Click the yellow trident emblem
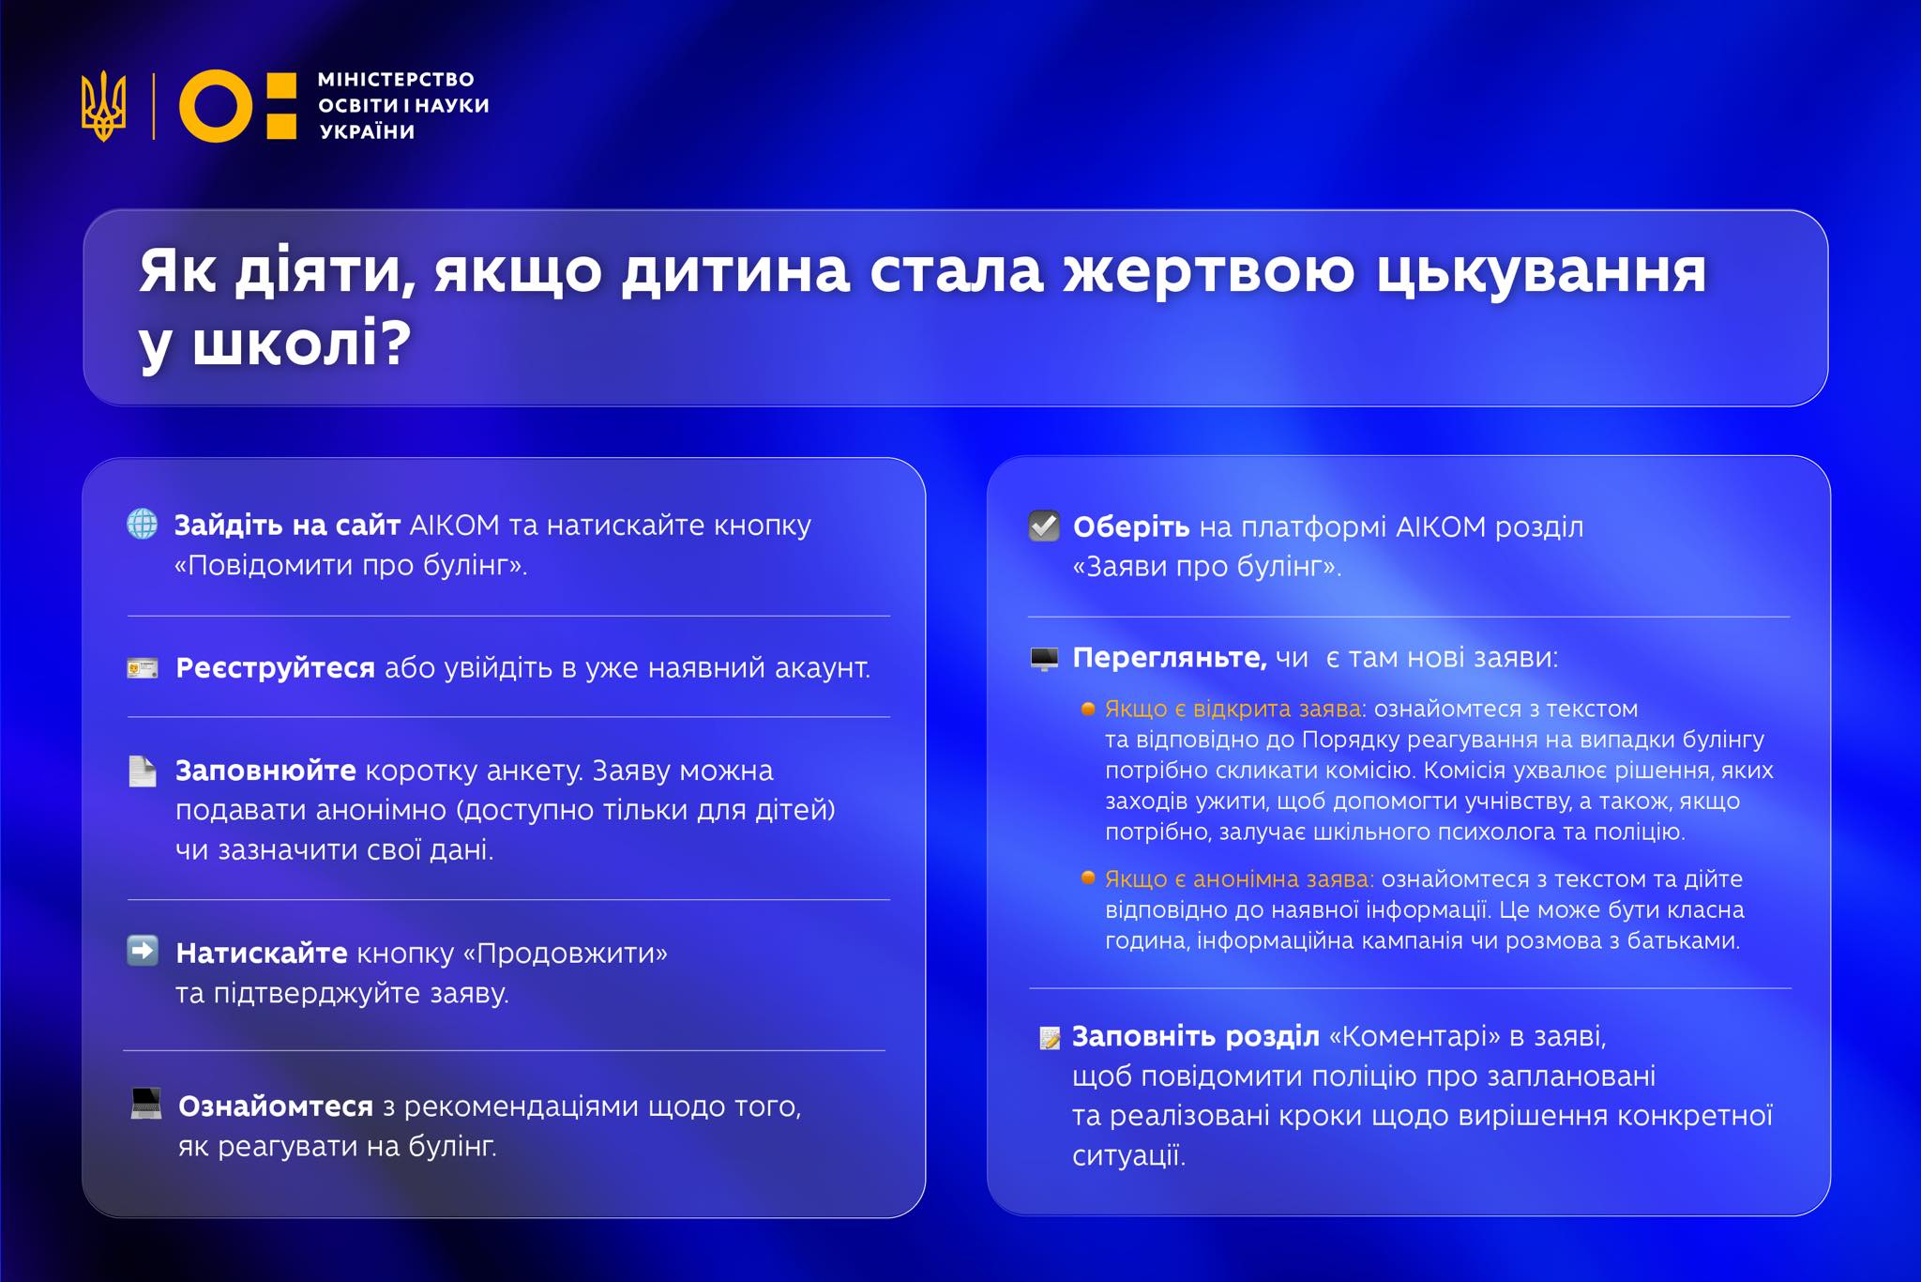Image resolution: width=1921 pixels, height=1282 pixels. [x=103, y=106]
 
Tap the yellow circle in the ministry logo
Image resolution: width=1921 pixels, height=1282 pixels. [x=215, y=106]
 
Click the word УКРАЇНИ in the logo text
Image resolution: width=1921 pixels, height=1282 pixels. [x=368, y=132]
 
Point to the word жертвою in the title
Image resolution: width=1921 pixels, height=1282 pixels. [x=1209, y=272]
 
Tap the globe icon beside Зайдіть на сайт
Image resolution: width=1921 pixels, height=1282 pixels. [x=143, y=524]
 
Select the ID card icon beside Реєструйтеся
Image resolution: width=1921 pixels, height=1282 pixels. [x=143, y=668]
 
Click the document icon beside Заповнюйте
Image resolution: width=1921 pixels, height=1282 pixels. [x=143, y=771]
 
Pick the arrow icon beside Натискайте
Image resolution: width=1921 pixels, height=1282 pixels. [x=143, y=952]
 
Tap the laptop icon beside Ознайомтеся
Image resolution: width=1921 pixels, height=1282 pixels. [x=146, y=1104]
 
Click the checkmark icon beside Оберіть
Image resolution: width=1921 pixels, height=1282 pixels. [x=1044, y=526]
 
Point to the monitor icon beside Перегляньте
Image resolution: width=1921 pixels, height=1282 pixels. [x=1044, y=659]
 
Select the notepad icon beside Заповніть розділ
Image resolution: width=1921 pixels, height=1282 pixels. [x=1050, y=1038]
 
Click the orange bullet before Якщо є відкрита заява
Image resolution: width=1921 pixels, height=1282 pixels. [x=1088, y=709]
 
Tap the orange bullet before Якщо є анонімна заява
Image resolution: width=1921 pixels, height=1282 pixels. [x=1088, y=878]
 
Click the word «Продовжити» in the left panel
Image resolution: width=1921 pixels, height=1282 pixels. [x=566, y=954]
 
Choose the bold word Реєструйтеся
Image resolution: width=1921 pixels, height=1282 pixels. [x=275, y=668]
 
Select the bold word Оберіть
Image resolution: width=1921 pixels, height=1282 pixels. [x=1131, y=527]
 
